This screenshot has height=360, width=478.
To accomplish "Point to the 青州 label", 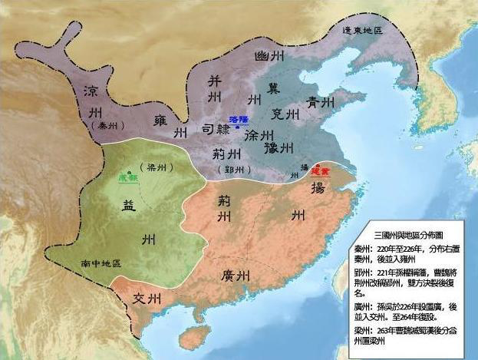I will click(x=318, y=102).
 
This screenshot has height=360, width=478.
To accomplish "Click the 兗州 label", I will click(x=285, y=114).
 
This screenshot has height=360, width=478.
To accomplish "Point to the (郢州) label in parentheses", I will click(x=231, y=169).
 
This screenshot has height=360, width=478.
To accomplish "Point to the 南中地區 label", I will click(x=101, y=264).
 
